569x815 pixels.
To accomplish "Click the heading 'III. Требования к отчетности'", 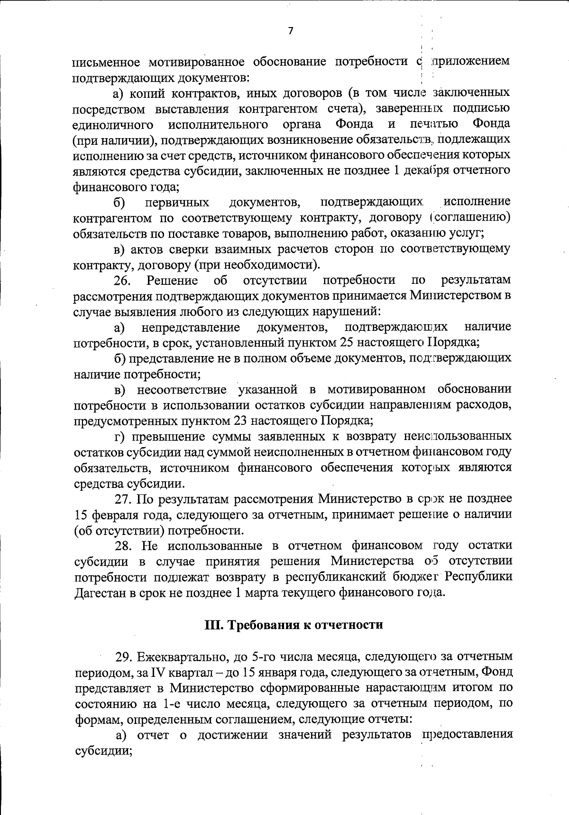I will pos(294,625).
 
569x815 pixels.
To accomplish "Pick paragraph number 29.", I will pos(124,657).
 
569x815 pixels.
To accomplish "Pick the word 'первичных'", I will pos(177,203).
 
